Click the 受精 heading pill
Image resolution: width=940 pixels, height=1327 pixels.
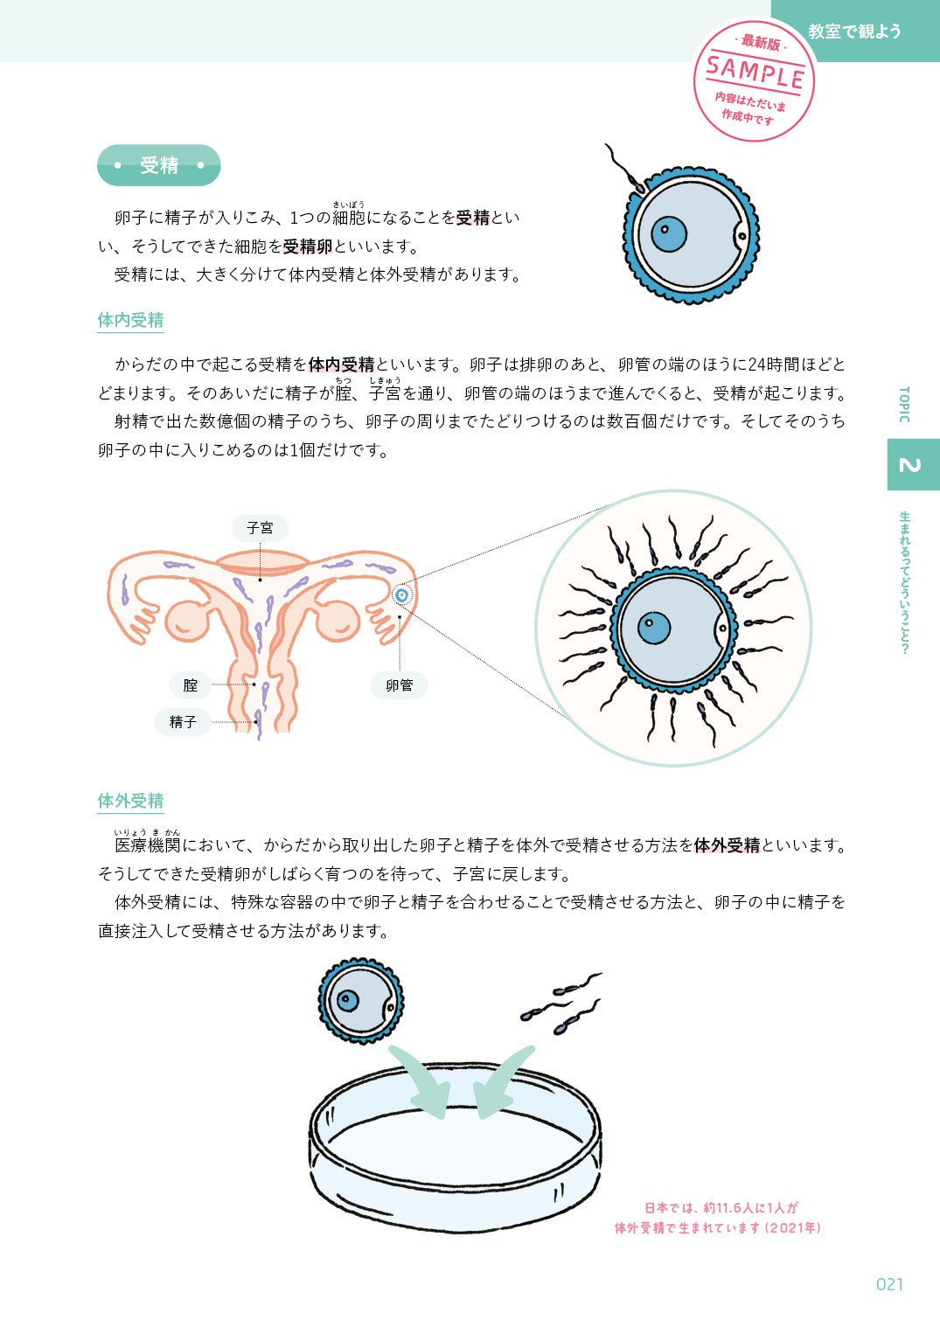click(x=158, y=165)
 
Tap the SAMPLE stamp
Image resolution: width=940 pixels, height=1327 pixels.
click(x=754, y=79)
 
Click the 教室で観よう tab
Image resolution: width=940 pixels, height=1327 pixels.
click(x=854, y=31)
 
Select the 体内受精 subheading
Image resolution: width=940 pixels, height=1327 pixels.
click(x=130, y=320)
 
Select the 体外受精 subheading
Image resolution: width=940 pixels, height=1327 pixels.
click(x=130, y=801)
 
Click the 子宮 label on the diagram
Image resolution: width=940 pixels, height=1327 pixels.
click(x=260, y=528)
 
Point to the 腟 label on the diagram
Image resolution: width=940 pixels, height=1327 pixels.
click(x=191, y=685)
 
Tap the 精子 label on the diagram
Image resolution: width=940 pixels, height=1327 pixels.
click(x=183, y=722)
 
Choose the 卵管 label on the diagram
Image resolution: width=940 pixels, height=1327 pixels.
click(x=399, y=685)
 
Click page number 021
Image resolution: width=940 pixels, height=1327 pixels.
click(x=889, y=1283)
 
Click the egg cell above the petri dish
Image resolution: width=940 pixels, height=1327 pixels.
click(x=360, y=1001)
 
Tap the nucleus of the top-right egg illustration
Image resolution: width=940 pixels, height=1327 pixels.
click(x=669, y=233)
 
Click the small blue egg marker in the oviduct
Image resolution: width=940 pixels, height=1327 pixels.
click(x=401, y=595)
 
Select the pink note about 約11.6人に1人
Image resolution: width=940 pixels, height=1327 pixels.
click(x=718, y=1218)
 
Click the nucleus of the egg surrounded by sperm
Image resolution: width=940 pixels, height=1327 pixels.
click(x=654, y=628)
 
